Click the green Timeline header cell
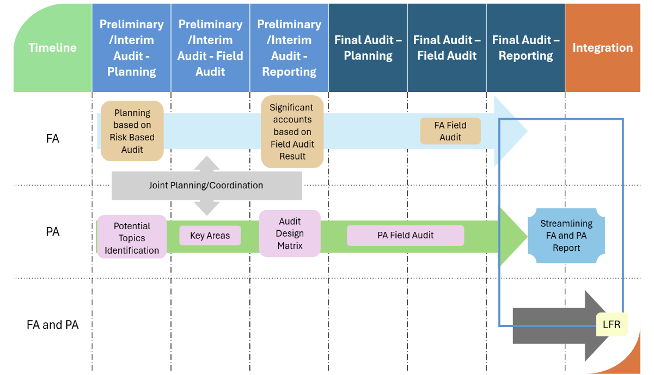click(53, 48)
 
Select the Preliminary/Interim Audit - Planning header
click(131, 48)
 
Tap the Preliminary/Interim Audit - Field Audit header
click(210, 48)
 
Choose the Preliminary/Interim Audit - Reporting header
click(289, 48)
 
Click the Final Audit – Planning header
click(368, 48)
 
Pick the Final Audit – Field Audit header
click(447, 48)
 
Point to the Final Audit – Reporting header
click(525, 48)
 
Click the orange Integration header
click(602, 48)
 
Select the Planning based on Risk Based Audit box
click(132, 131)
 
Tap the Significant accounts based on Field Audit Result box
click(292, 132)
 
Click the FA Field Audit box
click(450, 131)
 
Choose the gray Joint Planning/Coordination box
click(206, 186)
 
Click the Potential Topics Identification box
click(132, 237)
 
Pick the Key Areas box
click(210, 236)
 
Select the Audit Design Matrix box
click(290, 233)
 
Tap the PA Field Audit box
click(405, 236)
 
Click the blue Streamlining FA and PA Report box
click(566, 236)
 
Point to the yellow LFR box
click(612, 325)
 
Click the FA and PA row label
click(53, 325)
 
